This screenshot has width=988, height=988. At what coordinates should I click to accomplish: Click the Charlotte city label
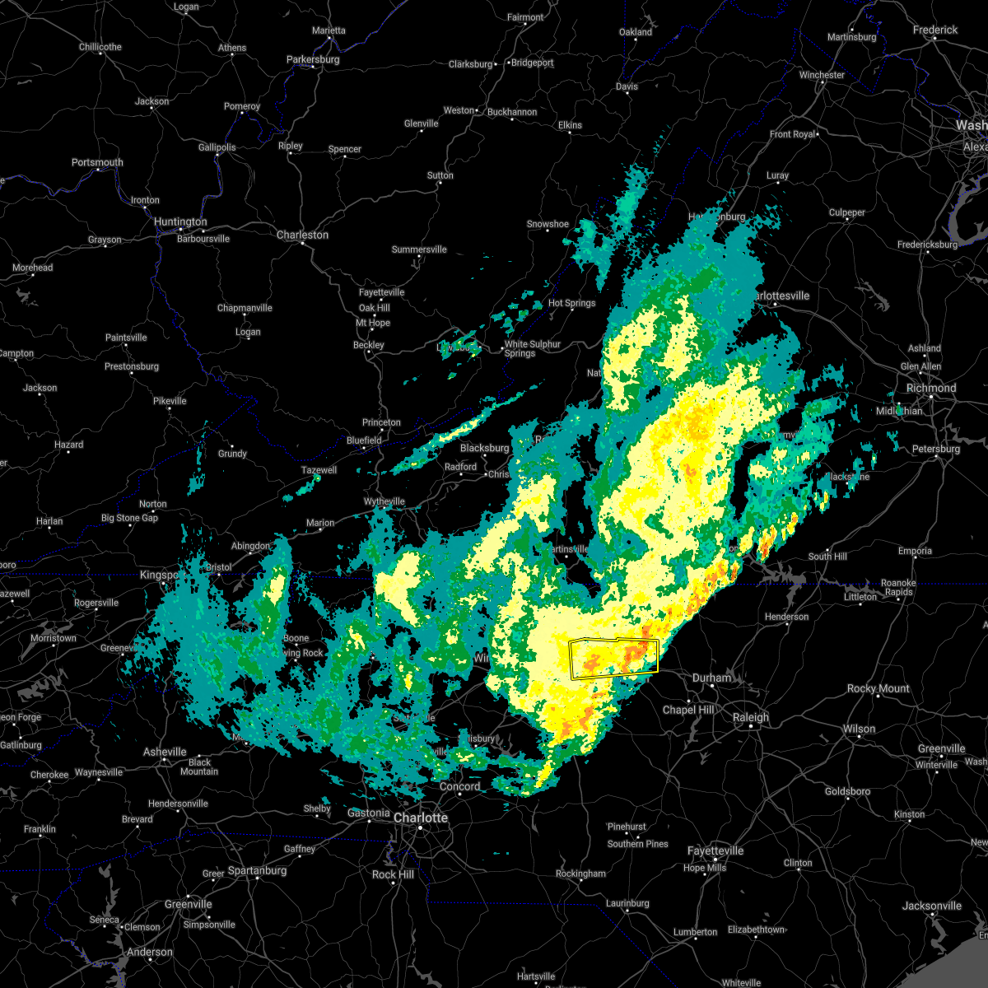[421, 818]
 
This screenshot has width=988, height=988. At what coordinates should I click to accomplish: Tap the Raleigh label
[751, 717]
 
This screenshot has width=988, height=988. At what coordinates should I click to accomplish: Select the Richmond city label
[931, 388]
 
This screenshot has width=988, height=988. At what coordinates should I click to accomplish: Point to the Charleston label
[302, 235]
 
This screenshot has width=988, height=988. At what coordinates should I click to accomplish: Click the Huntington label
[180, 222]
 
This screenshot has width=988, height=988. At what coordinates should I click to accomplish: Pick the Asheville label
[165, 752]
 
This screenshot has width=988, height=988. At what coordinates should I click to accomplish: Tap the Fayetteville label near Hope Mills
[715, 851]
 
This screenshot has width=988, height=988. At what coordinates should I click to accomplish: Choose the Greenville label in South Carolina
[188, 904]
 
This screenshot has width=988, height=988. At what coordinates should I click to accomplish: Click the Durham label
[711, 678]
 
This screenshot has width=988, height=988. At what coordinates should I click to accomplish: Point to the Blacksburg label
[485, 448]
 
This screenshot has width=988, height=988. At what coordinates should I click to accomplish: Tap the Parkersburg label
[313, 59]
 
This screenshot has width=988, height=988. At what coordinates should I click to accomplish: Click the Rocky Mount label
[878, 688]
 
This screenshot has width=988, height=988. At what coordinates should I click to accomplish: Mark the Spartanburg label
[257, 870]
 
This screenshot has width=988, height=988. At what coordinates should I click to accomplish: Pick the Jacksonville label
[932, 906]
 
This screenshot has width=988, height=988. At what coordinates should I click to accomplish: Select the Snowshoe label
[548, 224]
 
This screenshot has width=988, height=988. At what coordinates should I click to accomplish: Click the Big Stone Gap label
[129, 518]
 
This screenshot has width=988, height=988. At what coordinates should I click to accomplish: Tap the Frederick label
[935, 30]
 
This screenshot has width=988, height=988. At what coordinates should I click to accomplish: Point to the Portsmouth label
[97, 162]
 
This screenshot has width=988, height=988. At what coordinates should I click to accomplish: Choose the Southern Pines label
[637, 844]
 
